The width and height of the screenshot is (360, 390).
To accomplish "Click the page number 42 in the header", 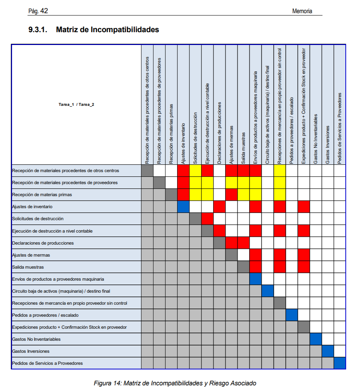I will click(44, 11).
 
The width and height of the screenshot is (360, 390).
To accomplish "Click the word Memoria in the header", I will click(302, 11).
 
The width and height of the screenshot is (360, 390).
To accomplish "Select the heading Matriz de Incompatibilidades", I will click(107, 29).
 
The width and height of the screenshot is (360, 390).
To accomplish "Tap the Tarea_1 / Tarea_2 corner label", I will click(76, 104).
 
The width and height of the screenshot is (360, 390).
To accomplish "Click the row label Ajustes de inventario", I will click(33, 207).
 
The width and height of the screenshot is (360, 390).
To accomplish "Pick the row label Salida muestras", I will click(28, 267).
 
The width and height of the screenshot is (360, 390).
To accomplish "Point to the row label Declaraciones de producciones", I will click(43, 243).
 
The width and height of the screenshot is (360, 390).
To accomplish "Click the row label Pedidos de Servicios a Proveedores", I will click(48, 363).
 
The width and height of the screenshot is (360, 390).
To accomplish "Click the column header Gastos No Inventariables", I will click(316, 138).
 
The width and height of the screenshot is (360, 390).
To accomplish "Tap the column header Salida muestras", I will click(244, 148).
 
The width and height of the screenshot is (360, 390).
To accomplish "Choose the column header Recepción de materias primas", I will click(171, 133).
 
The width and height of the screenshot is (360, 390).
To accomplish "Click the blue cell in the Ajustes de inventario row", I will click(183, 207).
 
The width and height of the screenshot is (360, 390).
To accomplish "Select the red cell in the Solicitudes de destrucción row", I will click(207, 219).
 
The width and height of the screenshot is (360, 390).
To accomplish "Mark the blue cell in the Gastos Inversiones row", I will click(328, 351).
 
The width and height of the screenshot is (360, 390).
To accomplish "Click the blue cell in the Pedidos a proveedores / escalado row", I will click(292, 315).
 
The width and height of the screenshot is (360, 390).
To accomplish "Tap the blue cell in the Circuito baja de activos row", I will click(268, 291).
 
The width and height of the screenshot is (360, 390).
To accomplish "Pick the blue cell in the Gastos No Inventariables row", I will click(316, 339).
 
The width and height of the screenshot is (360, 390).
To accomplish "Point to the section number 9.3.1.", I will click(38, 29).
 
